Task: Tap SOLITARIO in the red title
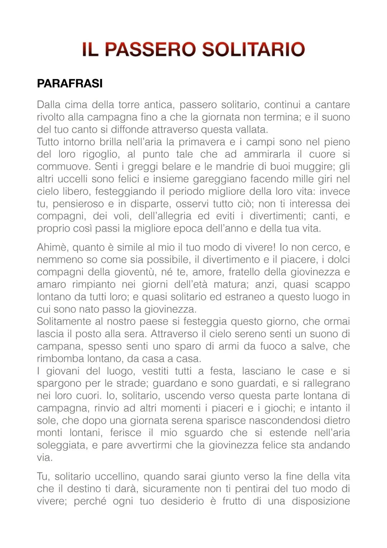coord(253,50)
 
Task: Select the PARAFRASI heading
coord(70,83)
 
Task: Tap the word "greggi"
coord(143,167)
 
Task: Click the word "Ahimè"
coord(53,247)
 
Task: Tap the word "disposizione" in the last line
coord(321,501)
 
